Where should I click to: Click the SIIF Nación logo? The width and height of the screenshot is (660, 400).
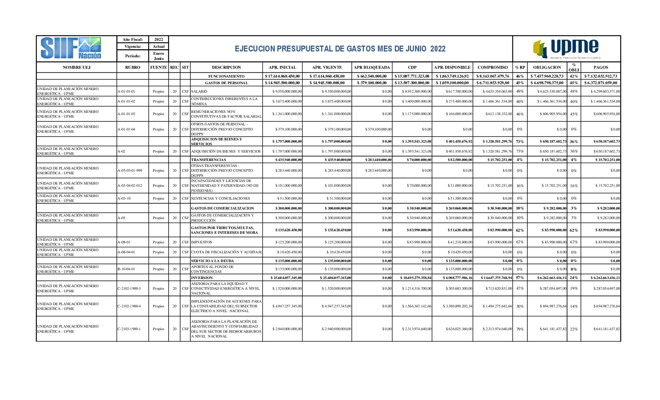[71, 49]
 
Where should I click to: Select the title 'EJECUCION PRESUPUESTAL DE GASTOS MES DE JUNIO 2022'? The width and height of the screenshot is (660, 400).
[340, 49]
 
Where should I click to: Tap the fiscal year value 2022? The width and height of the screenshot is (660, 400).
[158, 39]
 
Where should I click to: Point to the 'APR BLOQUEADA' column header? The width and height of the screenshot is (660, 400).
[372, 67]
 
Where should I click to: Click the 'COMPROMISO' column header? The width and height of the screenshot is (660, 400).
[492, 67]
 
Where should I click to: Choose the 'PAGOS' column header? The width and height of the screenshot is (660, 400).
[600, 67]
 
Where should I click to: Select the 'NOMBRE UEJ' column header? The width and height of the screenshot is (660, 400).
[77, 67]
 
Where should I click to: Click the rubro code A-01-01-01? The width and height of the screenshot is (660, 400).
[126, 92]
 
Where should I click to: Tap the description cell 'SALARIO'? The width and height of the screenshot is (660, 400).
[199, 92]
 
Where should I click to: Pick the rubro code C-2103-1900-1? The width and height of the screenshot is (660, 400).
[129, 329]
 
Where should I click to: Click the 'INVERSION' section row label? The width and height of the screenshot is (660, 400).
[202, 278]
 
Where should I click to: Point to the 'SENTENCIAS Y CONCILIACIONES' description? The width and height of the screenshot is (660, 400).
[220, 199]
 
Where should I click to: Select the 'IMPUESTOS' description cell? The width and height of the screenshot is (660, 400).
[201, 242]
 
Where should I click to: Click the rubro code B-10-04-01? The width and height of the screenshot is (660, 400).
[126, 269]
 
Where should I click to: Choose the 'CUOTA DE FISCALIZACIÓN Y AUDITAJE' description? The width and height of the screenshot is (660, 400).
[226, 252]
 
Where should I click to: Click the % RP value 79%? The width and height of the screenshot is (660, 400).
[520, 329]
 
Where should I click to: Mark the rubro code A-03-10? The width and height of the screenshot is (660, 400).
[124, 199]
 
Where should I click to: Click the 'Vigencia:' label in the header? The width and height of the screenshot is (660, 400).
[133, 47]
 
